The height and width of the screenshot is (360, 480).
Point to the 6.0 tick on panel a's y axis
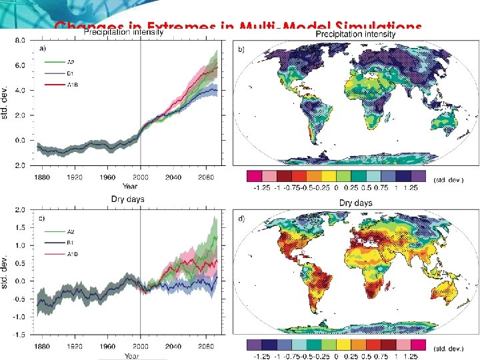pyautogui.click(x=21, y=65)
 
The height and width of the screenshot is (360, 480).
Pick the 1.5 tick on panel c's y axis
pyautogui.click(x=21, y=227)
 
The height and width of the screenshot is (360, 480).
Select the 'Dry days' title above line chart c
pyautogui.click(x=127, y=199)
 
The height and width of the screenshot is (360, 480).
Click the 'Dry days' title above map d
pyautogui.click(x=355, y=202)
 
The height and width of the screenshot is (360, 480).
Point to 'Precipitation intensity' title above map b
pyautogui.click(x=355, y=33)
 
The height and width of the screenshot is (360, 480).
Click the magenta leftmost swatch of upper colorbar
pyautogui.click(x=253, y=176)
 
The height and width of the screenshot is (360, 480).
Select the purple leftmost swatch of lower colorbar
pyautogui.click(x=253, y=345)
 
